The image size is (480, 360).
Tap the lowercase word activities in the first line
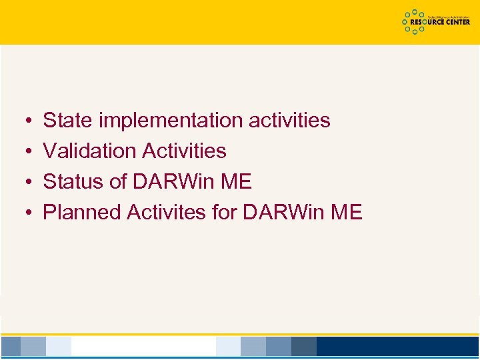[289, 121]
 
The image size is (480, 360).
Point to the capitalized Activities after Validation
[185, 151]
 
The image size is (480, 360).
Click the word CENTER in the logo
[455, 22]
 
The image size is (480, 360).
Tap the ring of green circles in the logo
[415, 22]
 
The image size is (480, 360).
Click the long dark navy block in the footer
[397, 346]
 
